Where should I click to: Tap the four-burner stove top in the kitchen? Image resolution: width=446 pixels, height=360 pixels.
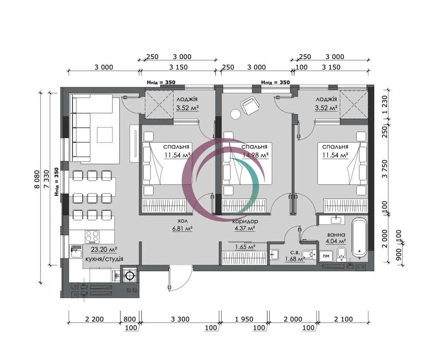pos(92,237)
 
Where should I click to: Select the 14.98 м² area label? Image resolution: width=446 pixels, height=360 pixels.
pos(255,155)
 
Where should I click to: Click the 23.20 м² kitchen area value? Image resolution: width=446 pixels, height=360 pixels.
pos(104,249)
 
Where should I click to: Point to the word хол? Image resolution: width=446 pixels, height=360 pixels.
pos(182,221)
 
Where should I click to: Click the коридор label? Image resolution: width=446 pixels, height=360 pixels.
pos(245,221)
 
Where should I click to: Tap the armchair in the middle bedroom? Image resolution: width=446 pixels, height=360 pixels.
pos(250,106)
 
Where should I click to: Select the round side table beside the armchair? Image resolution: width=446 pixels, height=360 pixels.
pos(236,114)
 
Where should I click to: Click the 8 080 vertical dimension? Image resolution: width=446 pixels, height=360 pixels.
pos(37,179)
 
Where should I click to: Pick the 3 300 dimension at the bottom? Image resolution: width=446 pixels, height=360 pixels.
pos(180,319)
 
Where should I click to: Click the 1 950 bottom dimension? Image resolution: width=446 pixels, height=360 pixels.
pos(244,319)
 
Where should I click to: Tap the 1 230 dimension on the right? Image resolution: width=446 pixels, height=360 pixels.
pos(385,104)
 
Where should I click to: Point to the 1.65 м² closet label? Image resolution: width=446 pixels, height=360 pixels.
pos(245,247)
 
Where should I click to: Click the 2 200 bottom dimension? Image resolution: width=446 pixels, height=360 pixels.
pos(94,319)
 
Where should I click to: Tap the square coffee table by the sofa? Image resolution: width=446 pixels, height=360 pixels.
pos(105,135)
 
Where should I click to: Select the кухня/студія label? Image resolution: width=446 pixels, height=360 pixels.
pos(104,259)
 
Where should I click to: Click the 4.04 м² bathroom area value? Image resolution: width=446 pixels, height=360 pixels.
pos(336,241)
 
